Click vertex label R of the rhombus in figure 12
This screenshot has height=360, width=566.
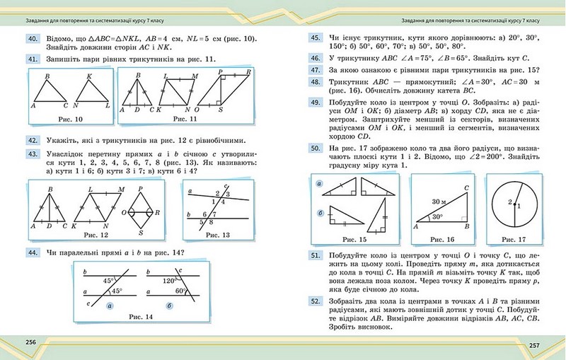(157, 211)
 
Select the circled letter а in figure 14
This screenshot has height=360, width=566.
(110, 306)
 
